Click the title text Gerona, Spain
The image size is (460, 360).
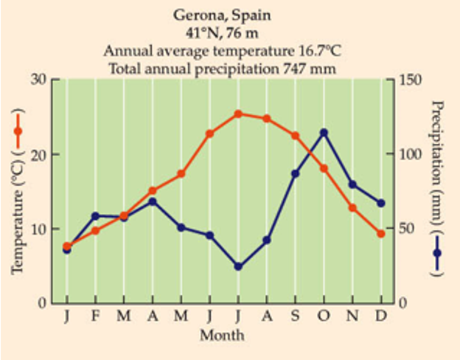pyautogui.click(x=222, y=15)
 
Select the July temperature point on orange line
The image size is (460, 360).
pyautogui.click(x=238, y=114)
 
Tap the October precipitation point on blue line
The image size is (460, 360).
pyautogui.click(x=324, y=133)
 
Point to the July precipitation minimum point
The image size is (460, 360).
pyautogui.click(x=238, y=266)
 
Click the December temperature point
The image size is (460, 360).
pyautogui.click(x=381, y=233)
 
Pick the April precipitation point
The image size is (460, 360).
pyautogui.click(x=153, y=201)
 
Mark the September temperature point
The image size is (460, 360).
pyautogui.click(x=296, y=136)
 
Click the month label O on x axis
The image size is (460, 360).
pyautogui.click(x=324, y=317)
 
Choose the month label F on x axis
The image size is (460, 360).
pyautogui.click(x=95, y=317)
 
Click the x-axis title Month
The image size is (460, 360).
pyautogui.click(x=222, y=335)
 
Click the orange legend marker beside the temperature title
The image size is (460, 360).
pyautogui.click(x=18, y=131)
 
